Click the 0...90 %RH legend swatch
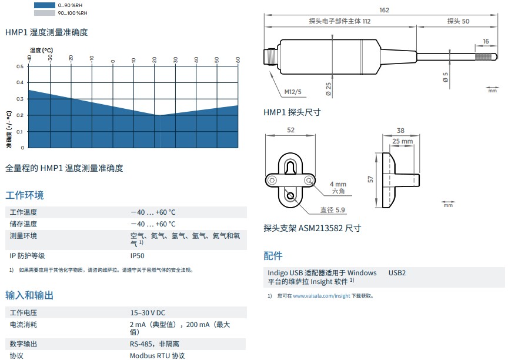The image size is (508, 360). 44,5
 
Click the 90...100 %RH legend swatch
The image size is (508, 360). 44,12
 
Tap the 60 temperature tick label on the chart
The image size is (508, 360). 238,59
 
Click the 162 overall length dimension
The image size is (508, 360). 385,10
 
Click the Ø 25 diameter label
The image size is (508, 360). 328,89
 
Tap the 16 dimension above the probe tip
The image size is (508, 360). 486,41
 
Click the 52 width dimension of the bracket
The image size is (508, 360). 290,131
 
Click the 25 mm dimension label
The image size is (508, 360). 402,141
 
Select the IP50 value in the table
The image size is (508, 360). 137,256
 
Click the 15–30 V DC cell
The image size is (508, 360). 148,313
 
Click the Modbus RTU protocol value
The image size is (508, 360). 157,356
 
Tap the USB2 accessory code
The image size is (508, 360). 397,273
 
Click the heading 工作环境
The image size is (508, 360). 25,195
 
